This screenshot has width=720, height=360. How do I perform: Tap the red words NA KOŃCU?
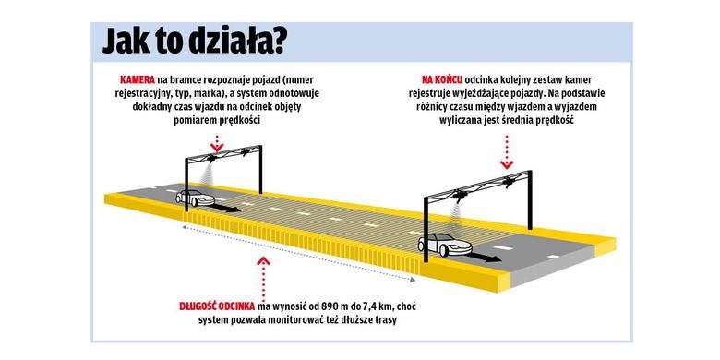click(443, 80)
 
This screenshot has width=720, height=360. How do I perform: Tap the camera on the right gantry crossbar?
click(473, 196)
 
